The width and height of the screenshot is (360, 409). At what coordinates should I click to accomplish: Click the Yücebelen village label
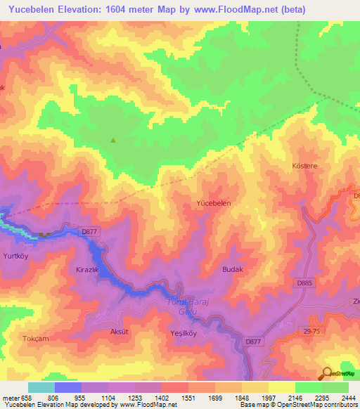[x=213, y=202]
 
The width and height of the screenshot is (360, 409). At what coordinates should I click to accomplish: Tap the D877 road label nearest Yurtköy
[x=89, y=231]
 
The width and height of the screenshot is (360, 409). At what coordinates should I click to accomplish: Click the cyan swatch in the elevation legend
[x=41, y=387]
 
